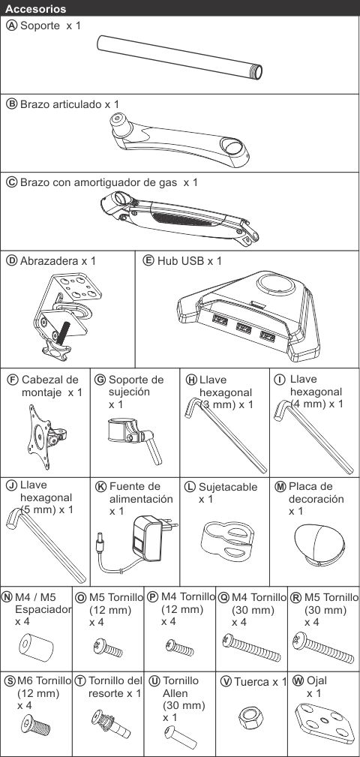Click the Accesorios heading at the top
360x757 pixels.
tap(36, 9)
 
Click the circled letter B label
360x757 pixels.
tap(11, 104)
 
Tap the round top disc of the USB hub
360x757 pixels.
tap(275, 284)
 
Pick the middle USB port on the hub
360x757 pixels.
tap(244, 329)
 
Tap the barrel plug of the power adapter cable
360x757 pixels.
tap(100, 543)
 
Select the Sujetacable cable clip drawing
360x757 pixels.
tap(227, 541)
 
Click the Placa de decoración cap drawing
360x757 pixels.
tap(319, 545)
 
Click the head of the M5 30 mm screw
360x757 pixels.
tap(298, 641)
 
